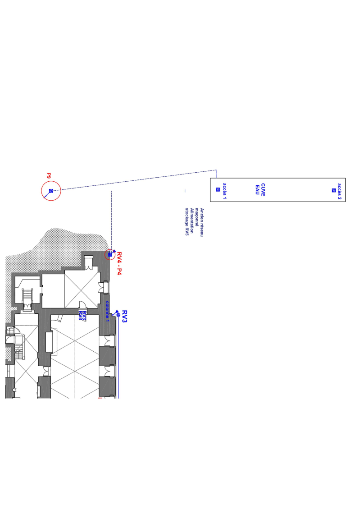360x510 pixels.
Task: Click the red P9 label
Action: (49, 176)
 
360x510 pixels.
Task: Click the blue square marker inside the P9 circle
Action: (51, 191)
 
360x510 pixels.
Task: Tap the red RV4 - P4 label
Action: (119, 263)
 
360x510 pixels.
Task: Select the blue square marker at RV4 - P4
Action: (110, 255)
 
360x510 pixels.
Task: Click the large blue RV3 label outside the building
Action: (124, 317)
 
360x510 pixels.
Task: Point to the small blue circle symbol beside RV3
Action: (118, 315)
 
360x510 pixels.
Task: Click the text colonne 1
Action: (107, 312)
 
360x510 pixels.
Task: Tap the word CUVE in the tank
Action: (263, 190)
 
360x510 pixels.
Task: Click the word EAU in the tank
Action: (257, 190)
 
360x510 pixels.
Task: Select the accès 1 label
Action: (224, 191)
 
